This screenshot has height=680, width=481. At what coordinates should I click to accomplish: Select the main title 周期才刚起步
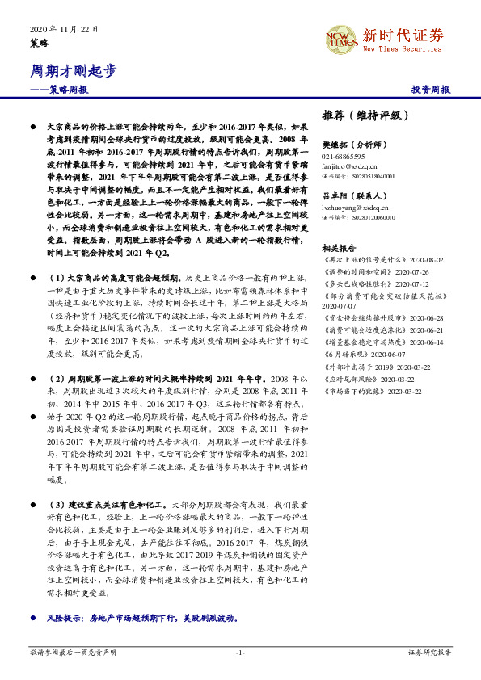point(69,71)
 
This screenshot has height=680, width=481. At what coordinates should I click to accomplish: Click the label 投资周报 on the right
point(430,90)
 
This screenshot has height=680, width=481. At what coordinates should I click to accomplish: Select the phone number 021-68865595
point(343,156)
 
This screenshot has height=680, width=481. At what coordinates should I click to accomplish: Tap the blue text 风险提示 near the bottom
point(66,618)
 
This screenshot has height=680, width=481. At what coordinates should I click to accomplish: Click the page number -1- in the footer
point(240,653)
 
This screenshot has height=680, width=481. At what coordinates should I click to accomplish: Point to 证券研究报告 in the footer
point(429,652)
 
